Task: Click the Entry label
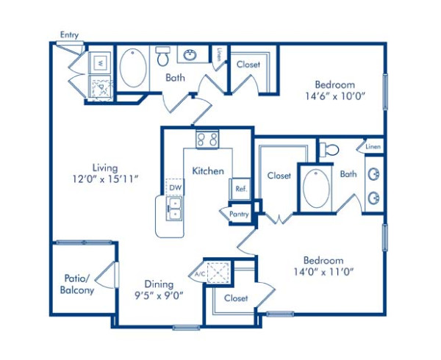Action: [70, 35]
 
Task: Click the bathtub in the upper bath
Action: [133, 68]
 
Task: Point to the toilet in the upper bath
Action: [162, 54]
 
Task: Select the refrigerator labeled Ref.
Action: [240, 188]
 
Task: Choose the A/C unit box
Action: [218, 273]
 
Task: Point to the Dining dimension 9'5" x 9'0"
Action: [158, 295]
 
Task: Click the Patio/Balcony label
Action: [77, 284]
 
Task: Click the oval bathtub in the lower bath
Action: [318, 188]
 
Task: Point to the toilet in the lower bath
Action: [330, 149]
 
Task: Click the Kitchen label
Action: [208, 170]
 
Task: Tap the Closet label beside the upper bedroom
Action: [248, 65]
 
